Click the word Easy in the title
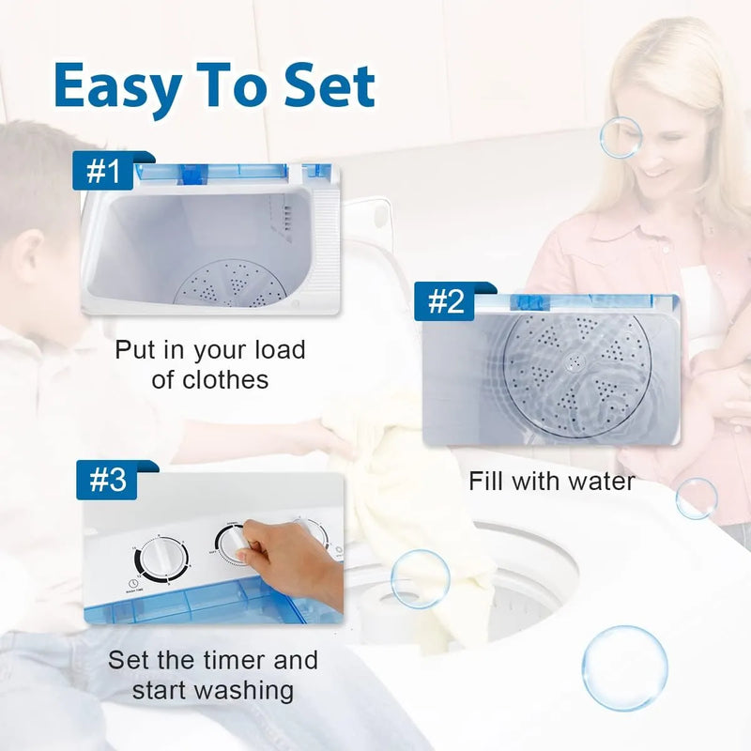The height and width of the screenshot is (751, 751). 116,88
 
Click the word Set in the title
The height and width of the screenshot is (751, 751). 330,86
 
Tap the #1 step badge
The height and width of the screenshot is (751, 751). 103,171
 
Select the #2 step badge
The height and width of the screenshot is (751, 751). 445,301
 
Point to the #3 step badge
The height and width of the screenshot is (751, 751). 107,480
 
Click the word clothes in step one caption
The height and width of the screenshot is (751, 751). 210,380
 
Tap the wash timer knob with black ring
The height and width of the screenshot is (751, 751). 161,560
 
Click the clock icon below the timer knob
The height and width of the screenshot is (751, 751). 132,583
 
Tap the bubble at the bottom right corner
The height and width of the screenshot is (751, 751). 624,668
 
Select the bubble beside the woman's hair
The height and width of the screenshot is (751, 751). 621,138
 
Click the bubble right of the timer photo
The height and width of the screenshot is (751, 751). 420,579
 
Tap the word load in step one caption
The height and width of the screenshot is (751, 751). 280,349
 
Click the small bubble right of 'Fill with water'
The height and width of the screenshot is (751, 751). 697,498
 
